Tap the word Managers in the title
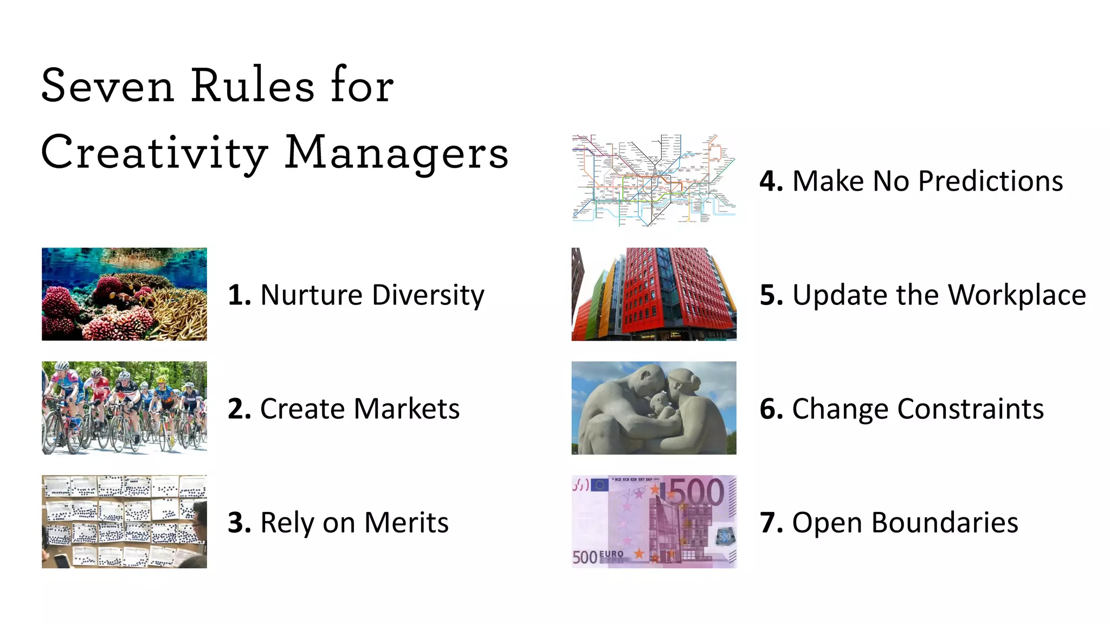click(x=396, y=153)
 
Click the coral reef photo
click(x=124, y=294)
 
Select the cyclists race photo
click(x=124, y=408)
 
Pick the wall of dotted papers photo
click(x=124, y=522)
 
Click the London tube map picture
click(x=654, y=180)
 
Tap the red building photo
click(x=654, y=294)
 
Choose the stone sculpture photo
click(x=654, y=408)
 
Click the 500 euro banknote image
click(x=654, y=522)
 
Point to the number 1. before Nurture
click(x=239, y=295)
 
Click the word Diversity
click(x=428, y=295)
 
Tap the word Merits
click(x=406, y=523)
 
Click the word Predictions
click(x=990, y=181)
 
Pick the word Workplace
click(x=1017, y=295)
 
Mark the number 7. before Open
click(x=771, y=523)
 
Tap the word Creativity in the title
click(x=154, y=153)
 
